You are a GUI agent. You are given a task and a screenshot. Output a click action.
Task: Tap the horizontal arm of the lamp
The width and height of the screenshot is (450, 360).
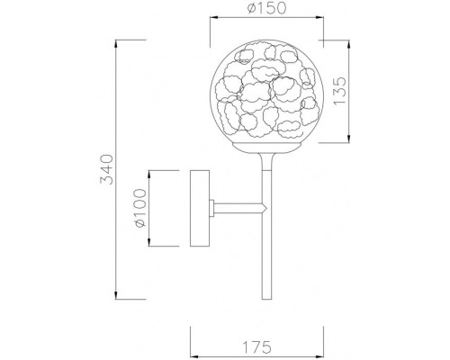pyautogui.click(x=238, y=209)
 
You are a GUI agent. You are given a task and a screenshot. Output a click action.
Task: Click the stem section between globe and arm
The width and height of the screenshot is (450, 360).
pyautogui.click(x=265, y=175)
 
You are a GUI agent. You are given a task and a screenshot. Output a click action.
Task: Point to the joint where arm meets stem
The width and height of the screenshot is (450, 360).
pyautogui.click(x=265, y=209)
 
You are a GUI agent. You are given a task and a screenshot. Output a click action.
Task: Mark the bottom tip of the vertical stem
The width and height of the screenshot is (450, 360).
pyautogui.click(x=265, y=302)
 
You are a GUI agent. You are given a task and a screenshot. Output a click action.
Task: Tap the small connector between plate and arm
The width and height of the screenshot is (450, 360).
pyautogui.click(x=211, y=209)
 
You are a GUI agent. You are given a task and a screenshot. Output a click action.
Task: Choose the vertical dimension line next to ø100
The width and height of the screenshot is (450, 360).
pyautogui.click(x=149, y=209)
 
